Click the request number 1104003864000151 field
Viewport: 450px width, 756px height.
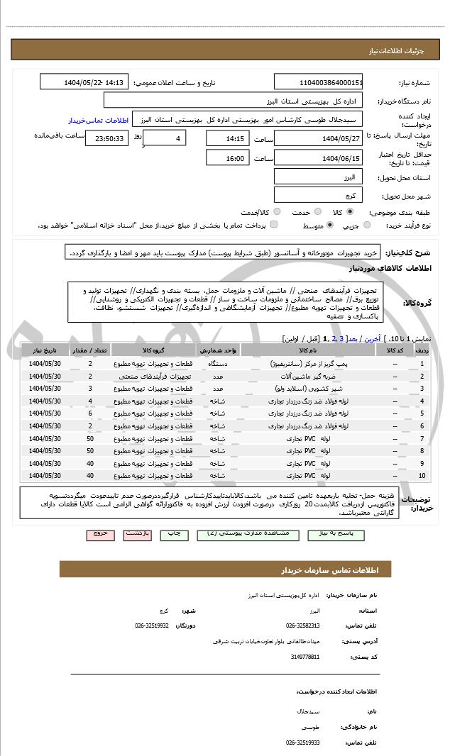(x=318, y=82)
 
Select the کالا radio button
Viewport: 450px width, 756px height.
(x=350, y=211)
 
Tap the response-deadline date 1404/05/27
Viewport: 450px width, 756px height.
(x=318, y=139)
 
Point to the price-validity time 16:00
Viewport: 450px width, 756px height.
(x=227, y=159)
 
